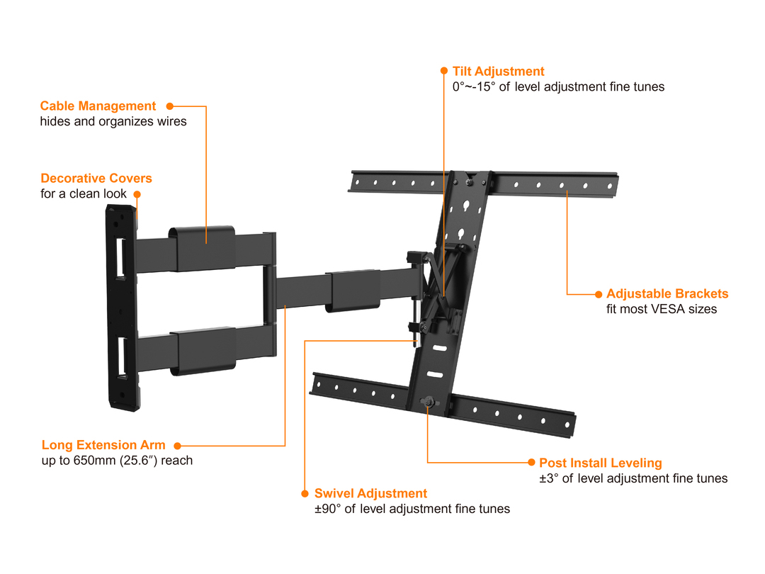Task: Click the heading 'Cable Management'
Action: point(98,106)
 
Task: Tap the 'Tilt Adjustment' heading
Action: point(499,72)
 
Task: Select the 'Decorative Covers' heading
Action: point(96,179)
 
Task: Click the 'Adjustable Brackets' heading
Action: point(667,294)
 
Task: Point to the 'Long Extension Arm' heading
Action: point(103,446)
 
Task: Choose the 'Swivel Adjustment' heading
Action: point(371,494)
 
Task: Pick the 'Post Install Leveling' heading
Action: point(601,463)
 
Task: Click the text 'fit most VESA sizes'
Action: point(662,310)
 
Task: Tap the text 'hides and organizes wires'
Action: point(113,122)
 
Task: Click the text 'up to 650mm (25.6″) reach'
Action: point(117,461)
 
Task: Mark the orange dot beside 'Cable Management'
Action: point(169,106)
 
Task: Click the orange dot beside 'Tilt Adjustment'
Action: point(444,72)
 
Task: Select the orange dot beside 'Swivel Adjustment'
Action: point(305,494)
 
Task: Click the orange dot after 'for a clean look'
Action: point(137,193)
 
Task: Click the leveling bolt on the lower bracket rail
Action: point(427,402)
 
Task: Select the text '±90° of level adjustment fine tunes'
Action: point(412,510)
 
